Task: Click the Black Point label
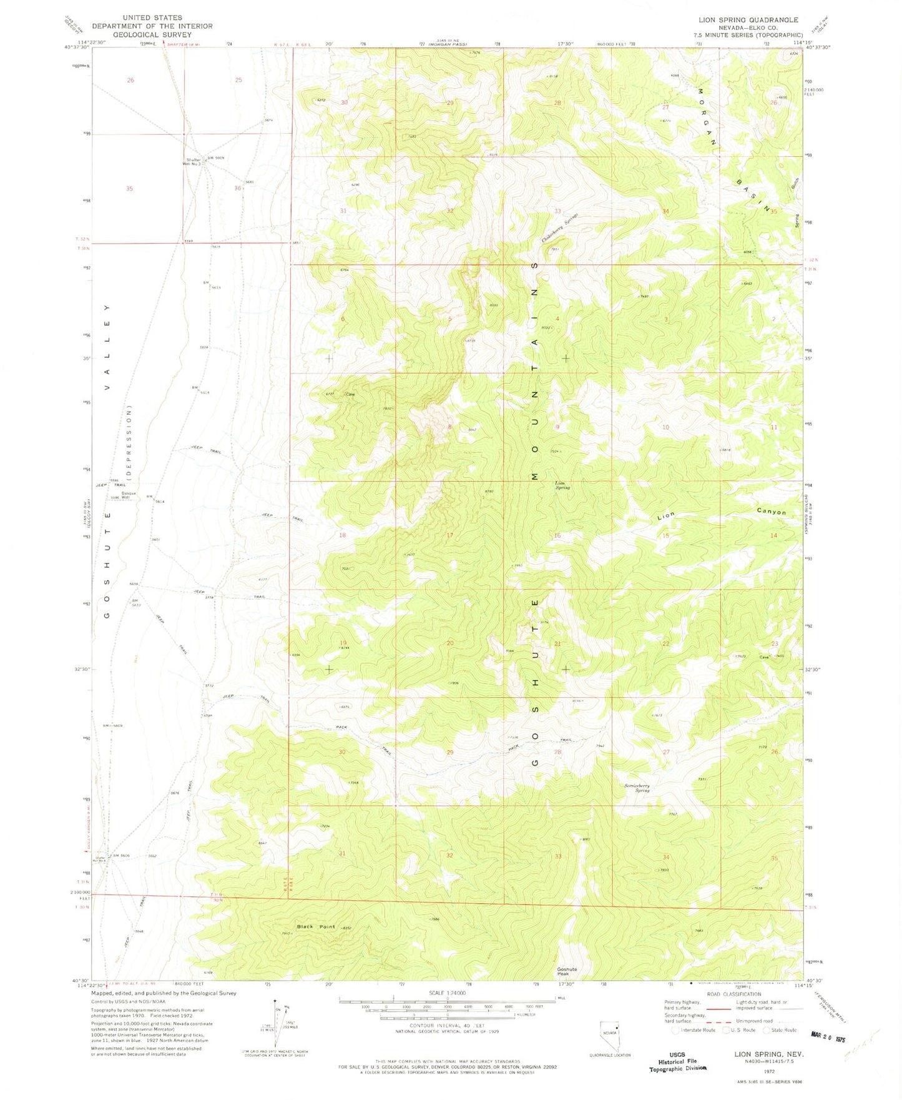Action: [316, 927]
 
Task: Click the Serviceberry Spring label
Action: [637, 788]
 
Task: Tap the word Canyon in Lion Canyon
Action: [772, 512]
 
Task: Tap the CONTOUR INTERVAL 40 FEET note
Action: [447, 1026]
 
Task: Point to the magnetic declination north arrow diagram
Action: [279, 1024]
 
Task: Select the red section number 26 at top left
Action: [130, 81]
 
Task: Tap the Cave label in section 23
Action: [763, 657]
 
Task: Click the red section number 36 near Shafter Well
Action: [238, 188]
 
